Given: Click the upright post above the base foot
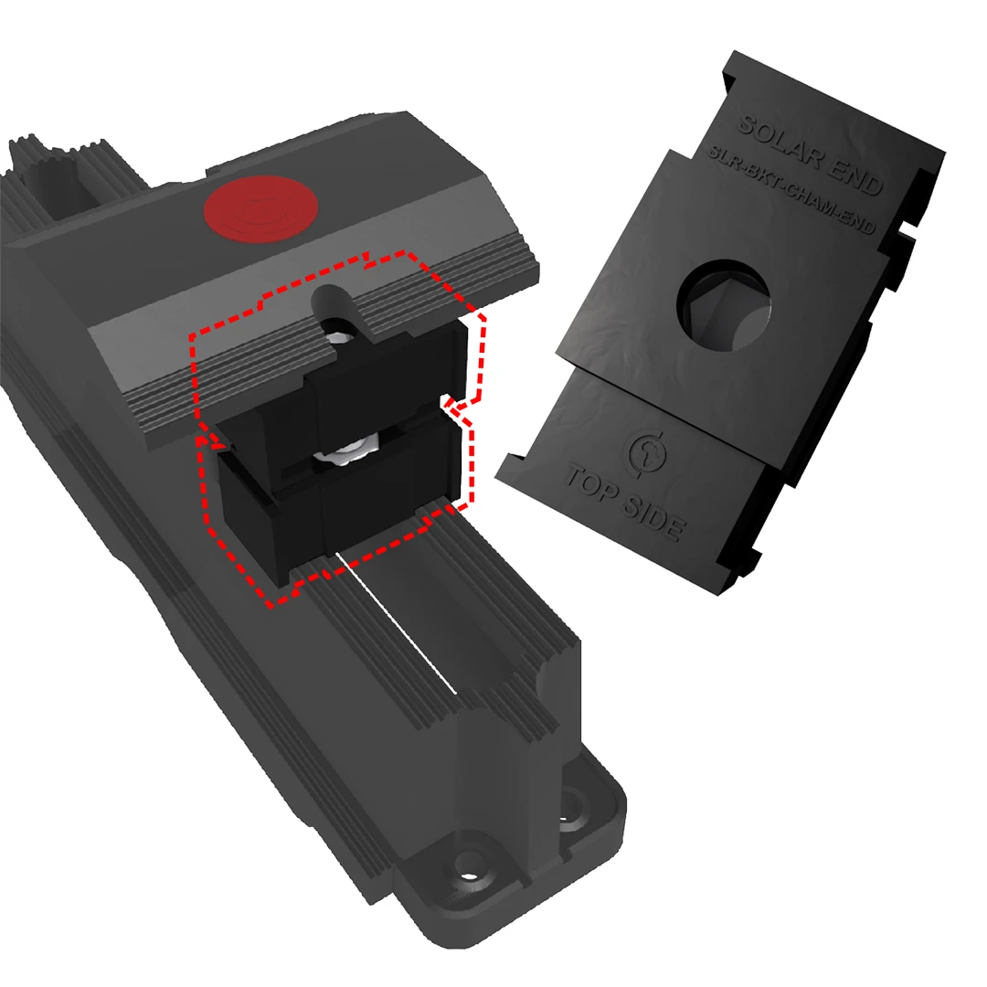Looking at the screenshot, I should [507, 731].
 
